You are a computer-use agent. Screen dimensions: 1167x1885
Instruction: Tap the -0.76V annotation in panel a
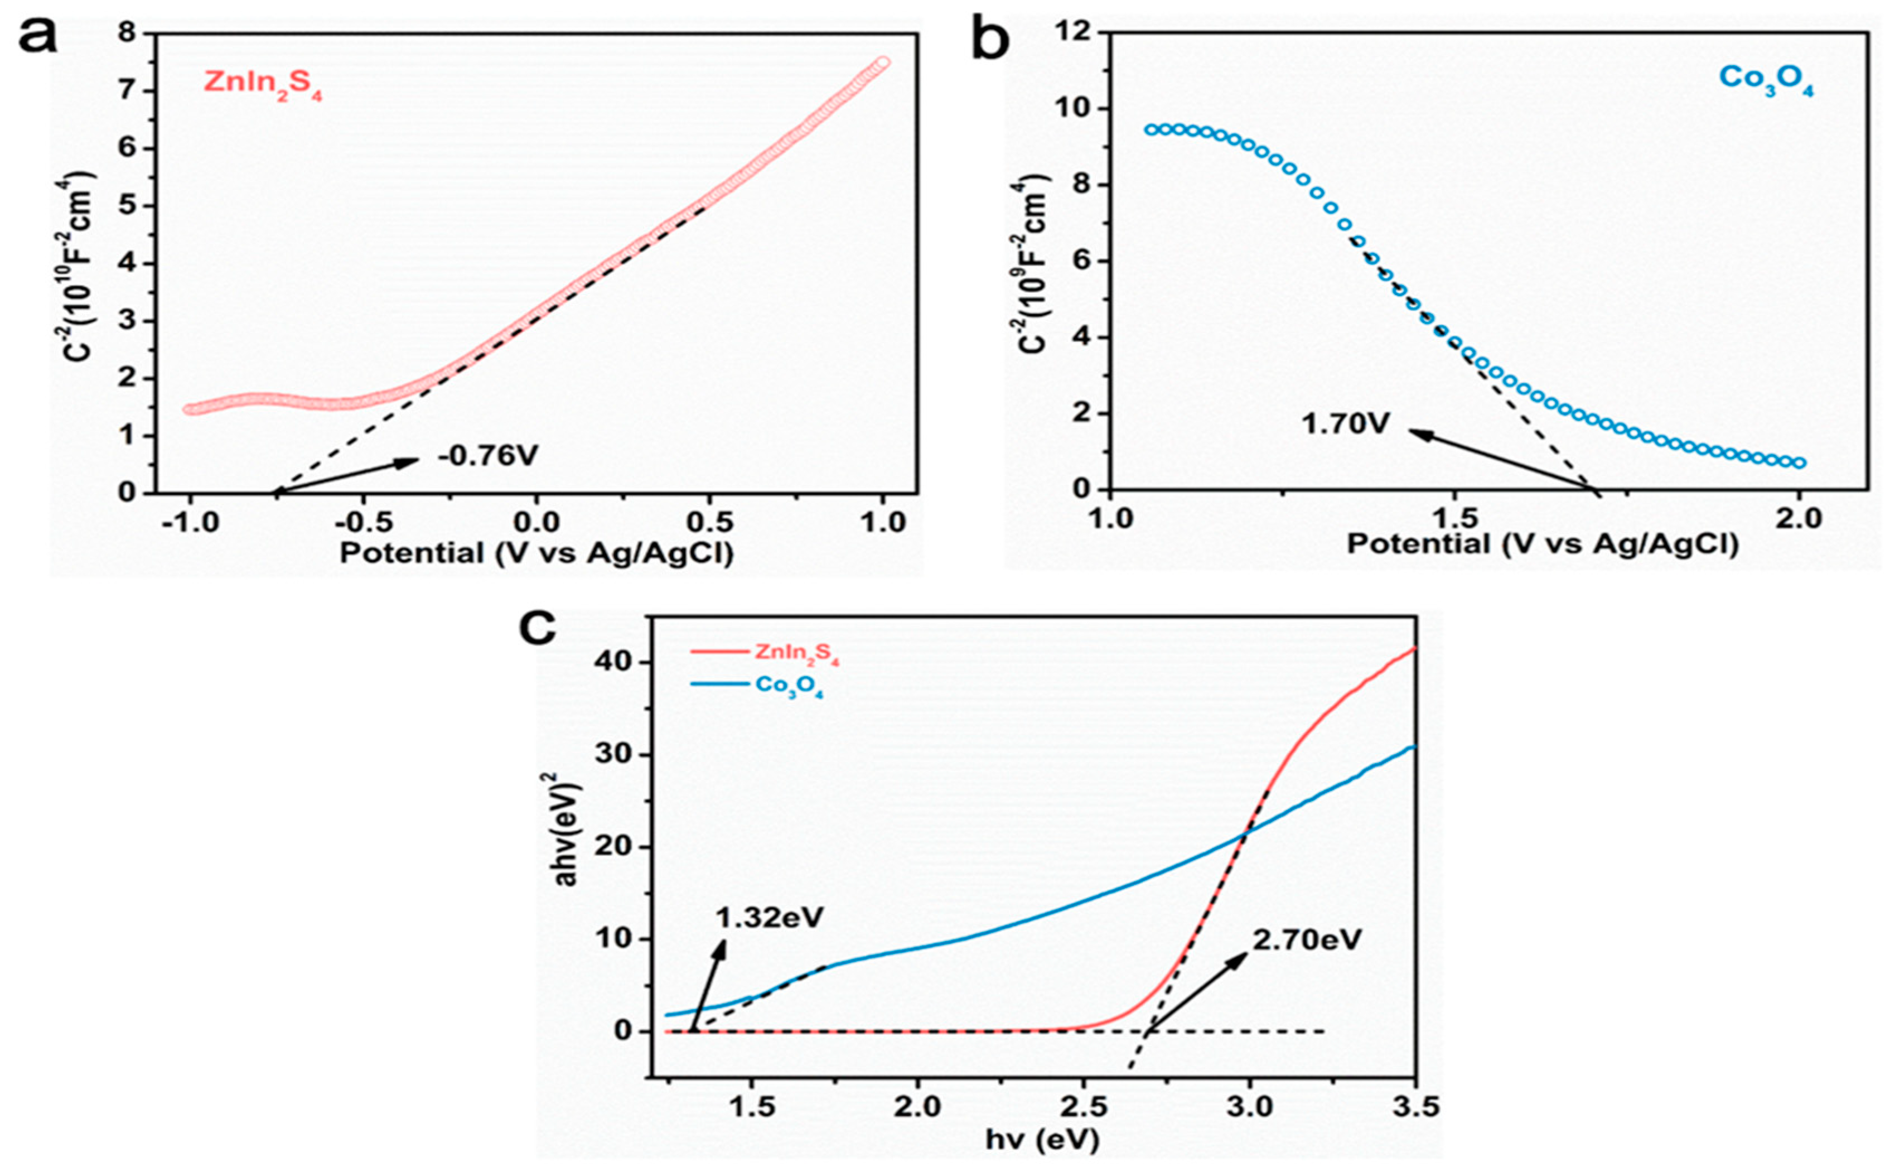487,456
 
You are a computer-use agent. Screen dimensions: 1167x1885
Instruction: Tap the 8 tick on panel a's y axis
127,33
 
